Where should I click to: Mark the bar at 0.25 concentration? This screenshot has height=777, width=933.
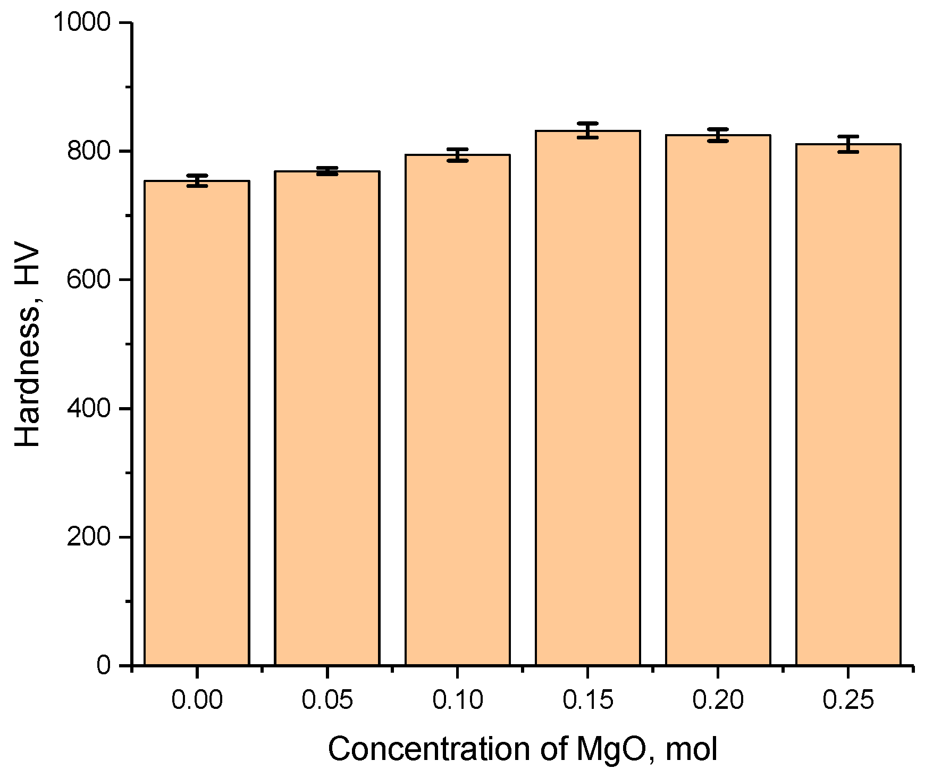pyautogui.click(x=848, y=404)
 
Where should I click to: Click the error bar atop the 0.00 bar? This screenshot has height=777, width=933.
pyautogui.click(x=197, y=180)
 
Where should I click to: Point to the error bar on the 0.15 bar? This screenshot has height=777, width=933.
pyautogui.click(x=587, y=130)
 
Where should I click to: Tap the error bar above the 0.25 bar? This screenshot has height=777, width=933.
pyautogui.click(x=848, y=144)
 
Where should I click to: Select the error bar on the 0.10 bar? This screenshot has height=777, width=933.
pyautogui.click(x=457, y=155)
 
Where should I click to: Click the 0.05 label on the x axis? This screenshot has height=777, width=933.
pyautogui.click(x=327, y=700)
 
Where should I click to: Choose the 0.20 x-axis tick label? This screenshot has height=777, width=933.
pyautogui.click(x=718, y=700)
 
